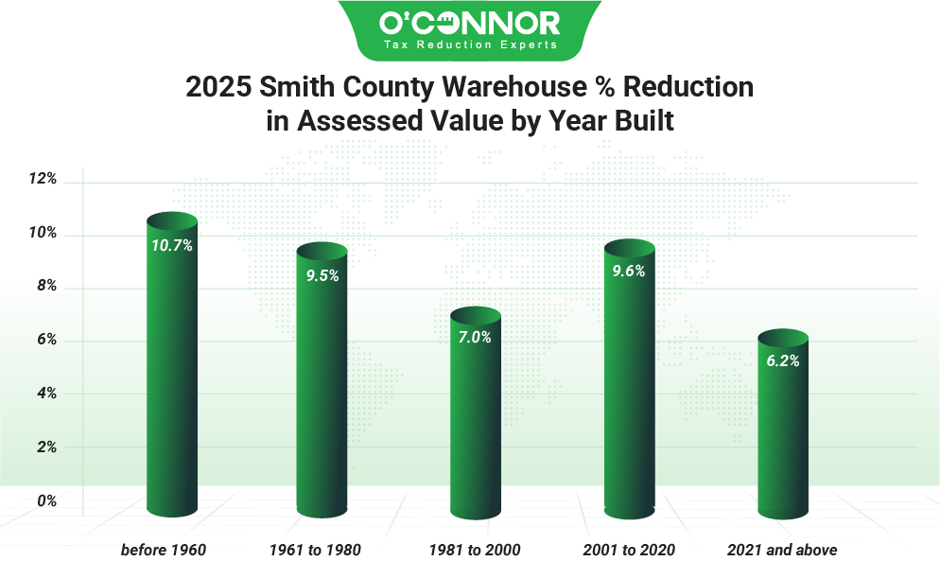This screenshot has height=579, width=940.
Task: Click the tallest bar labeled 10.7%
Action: [172, 378]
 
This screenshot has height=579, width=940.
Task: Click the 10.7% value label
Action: [172, 245]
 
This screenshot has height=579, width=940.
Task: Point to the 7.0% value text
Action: [475, 337]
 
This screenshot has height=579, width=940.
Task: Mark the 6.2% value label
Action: [783, 360]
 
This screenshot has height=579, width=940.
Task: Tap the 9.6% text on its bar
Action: [629, 271]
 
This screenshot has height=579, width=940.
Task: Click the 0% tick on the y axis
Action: [47, 500]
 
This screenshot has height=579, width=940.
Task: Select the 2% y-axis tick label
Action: [47, 447]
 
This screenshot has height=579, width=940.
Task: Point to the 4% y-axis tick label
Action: [47, 394]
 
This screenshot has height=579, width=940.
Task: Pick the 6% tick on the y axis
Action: [47, 340]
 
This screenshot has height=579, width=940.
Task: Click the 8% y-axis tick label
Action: [47, 286]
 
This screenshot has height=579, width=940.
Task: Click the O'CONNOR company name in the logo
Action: [470, 23]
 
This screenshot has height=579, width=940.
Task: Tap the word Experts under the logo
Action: [527, 44]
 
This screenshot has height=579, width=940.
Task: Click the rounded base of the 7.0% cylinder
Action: [475, 512]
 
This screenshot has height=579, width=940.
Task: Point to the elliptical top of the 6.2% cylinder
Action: [783, 338]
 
